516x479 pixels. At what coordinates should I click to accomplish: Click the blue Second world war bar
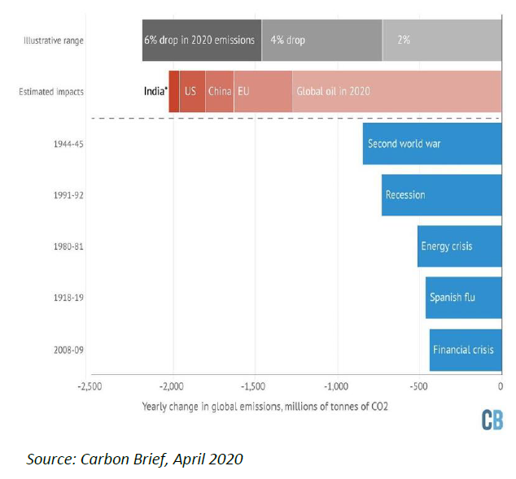pos(431,144)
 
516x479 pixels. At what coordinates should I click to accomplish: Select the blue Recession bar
pos(441,195)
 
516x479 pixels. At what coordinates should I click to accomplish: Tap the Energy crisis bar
pos(459,246)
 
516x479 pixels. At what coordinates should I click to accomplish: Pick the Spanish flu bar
pos(463,298)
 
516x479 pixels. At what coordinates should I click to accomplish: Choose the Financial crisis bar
pos(465,350)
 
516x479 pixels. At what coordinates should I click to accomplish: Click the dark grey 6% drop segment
pos(201,40)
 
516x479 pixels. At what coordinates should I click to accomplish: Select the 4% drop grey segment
pos(321,40)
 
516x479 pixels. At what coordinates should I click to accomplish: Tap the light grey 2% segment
pos(442,40)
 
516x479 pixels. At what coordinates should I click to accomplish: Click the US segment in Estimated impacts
pos(192,91)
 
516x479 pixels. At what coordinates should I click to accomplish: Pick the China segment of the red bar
pos(219,91)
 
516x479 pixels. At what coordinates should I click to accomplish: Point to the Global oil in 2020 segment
pos(396,91)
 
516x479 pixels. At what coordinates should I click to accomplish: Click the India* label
pos(155,91)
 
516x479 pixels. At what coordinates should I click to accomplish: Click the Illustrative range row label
pos(54,40)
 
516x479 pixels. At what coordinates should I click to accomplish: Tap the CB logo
pos(492,419)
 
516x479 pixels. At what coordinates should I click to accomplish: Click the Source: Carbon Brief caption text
pos(134,459)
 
